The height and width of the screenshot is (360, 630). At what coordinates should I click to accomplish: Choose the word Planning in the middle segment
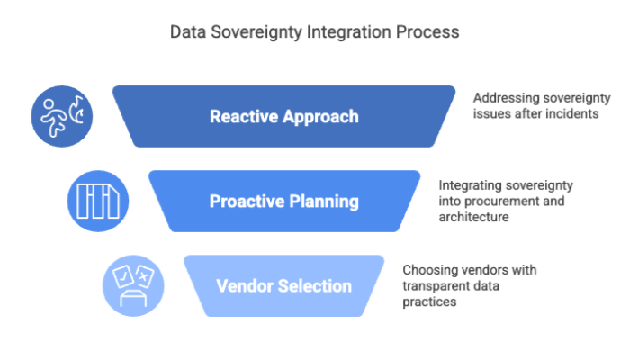coord(322,202)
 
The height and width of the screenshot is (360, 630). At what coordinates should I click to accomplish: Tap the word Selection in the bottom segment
coord(311,286)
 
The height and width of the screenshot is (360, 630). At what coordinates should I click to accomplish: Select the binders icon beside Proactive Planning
coord(98,201)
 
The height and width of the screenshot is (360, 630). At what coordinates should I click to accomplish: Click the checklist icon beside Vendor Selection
coord(133,285)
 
